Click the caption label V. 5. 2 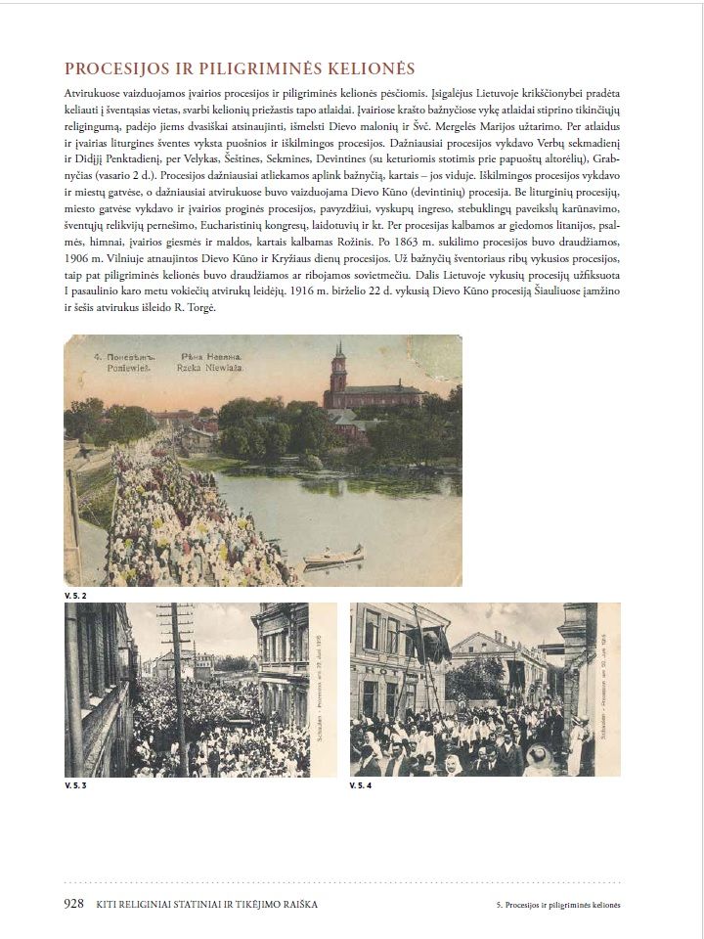[x=75, y=595]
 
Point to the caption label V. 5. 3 [x=75, y=785]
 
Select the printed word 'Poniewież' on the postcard [x=104, y=369]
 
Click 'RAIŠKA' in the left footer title [x=292, y=905]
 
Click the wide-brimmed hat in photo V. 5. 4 [x=536, y=754]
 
